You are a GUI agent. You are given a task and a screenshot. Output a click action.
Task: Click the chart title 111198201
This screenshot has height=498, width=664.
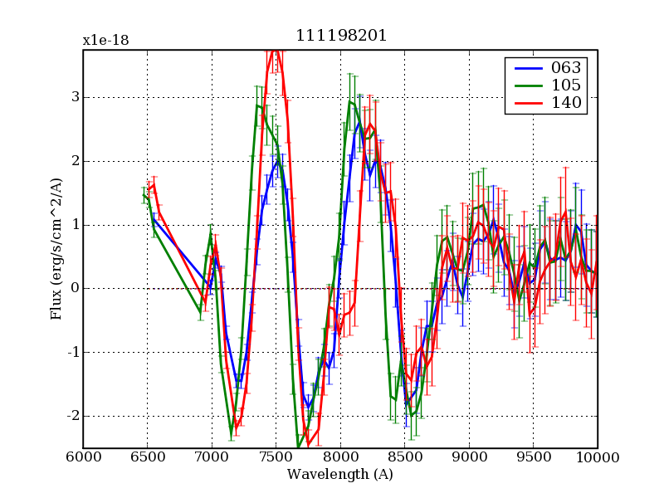click(340, 36)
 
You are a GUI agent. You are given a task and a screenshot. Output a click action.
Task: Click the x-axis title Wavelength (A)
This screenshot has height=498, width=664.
click(340, 475)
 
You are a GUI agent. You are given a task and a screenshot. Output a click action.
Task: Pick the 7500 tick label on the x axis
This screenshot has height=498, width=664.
click(276, 457)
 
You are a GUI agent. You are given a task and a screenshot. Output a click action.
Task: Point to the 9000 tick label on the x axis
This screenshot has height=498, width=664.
click(469, 457)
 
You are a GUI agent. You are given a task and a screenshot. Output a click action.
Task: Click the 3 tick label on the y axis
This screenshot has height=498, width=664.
click(75, 97)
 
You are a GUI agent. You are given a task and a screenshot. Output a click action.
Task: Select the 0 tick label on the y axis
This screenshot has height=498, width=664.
click(75, 288)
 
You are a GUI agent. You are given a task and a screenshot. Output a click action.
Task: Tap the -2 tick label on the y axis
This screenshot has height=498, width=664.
click(71, 416)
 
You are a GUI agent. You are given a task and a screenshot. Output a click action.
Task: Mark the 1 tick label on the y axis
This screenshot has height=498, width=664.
click(75, 224)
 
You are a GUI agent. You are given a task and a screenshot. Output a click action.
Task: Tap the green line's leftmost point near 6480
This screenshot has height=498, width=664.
click(144, 195)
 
